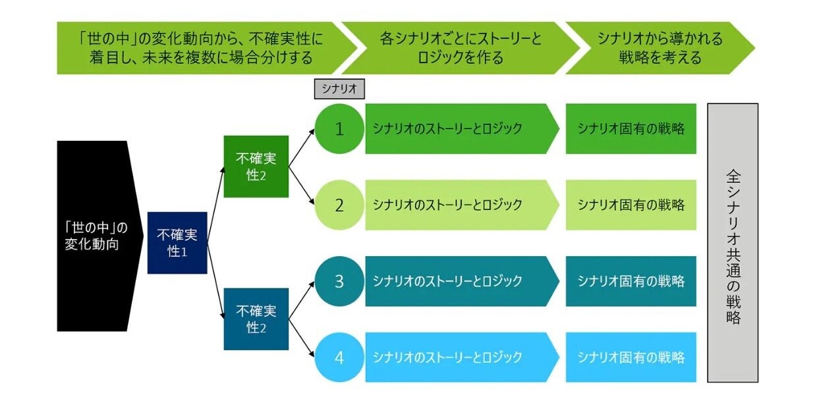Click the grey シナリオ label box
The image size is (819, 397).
coord(339,89)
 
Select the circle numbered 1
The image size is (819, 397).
coord(339,129)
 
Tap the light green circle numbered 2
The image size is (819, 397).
coord(339,205)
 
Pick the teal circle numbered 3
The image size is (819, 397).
coord(339,281)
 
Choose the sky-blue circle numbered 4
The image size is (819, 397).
coord(339,357)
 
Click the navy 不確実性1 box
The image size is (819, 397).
coord(177,243)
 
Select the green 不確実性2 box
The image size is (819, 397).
coord(256,167)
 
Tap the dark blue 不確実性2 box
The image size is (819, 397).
coord(256,319)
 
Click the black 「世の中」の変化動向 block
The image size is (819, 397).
coord(99,236)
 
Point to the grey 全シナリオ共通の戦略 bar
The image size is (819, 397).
coord(733,243)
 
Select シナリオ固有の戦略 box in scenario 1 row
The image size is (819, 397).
coord(631,129)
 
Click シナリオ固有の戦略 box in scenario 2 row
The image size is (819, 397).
coord(631,205)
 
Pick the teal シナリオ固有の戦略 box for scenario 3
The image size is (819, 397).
coord(631,281)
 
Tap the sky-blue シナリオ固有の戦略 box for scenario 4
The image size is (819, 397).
coord(631,357)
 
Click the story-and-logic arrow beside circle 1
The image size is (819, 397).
coord(462,129)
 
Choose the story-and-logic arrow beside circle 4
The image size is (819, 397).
coord(462,357)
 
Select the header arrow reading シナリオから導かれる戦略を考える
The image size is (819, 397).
coord(660,48)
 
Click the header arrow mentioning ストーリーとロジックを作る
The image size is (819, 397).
coord(461,48)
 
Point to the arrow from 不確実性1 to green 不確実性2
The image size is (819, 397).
coord(215,205)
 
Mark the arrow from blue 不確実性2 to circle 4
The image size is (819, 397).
coord(301,338)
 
